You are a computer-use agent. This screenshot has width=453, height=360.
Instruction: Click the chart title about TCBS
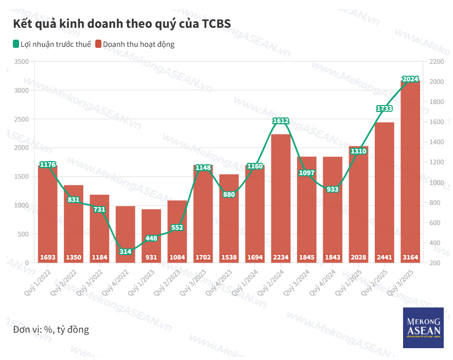click(121, 24)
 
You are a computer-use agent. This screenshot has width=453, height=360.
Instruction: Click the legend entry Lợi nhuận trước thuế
click(52, 44)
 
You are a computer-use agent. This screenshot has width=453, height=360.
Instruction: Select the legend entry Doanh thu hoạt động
click(135, 44)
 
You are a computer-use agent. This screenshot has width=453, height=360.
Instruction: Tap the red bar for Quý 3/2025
click(410, 170)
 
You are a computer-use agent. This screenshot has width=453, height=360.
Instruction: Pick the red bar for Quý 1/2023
click(151, 234)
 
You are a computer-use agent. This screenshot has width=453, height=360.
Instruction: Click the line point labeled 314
click(126, 252)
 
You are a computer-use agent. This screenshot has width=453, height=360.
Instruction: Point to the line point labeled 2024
click(410, 79)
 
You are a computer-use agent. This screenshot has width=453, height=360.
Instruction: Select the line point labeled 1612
click(281, 121)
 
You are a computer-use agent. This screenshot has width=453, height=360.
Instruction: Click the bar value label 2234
click(281, 257)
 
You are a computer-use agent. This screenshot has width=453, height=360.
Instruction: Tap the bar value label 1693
click(48, 257)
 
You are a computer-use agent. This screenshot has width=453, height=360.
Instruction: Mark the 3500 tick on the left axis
click(22, 62)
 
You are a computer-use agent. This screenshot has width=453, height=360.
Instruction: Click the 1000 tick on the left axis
click(22, 205)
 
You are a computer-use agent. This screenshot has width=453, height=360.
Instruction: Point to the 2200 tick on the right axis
click(435, 62)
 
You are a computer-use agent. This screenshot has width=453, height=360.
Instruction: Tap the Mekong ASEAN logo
click(424, 328)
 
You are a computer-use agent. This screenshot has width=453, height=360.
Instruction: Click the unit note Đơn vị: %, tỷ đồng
click(51, 330)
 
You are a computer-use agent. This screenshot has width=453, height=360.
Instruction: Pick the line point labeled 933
click(333, 189)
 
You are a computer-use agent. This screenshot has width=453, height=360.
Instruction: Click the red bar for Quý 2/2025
click(385, 191)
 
